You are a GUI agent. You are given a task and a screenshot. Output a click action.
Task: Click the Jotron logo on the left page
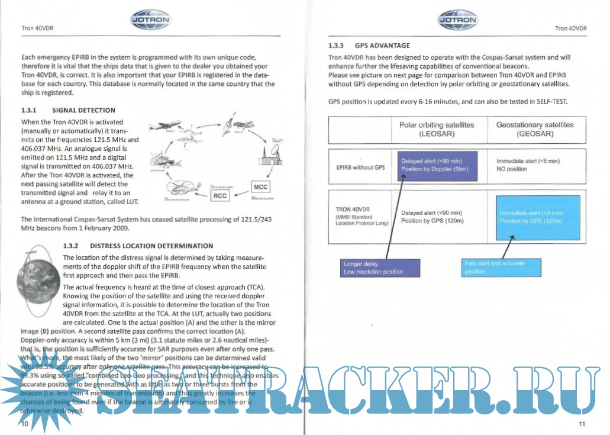[150, 21]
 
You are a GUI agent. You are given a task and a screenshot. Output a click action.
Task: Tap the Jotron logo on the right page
[458, 21]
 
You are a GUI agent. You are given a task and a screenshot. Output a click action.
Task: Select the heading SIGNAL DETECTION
[83, 110]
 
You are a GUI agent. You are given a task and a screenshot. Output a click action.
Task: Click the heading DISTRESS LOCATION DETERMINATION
[151, 246]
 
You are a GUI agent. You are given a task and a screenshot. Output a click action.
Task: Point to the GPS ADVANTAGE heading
[382, 45]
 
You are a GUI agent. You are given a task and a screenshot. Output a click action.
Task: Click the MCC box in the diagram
[260, 186]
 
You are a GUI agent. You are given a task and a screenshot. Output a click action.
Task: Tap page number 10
[25, 424]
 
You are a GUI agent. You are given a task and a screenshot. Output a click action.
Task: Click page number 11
[582, 424]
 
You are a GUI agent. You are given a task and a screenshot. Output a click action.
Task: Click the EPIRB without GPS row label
[360, 167]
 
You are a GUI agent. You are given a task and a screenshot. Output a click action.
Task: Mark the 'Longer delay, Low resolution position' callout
[381, 268]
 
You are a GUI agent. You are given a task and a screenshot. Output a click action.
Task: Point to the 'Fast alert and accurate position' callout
[502, 268]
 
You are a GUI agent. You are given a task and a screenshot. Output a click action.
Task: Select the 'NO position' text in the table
[512, 169]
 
